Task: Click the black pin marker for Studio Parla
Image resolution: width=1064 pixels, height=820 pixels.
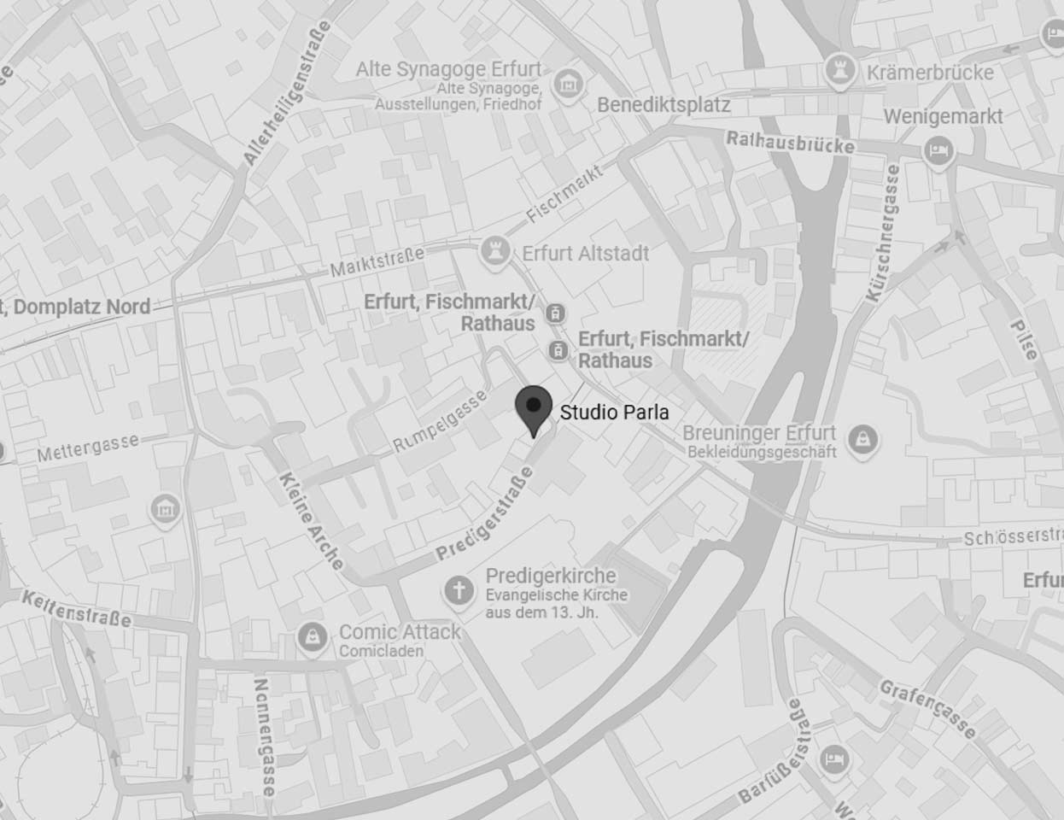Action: (x=534, y=410)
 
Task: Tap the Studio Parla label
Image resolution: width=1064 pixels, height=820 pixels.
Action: (x=614, y=413)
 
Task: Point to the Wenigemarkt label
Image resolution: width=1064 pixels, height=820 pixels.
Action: (x=943, y=116)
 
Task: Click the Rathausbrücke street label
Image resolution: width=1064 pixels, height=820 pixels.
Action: (x=790, y=142)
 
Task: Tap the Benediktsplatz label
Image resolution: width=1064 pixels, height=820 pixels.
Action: (x=664, y=105)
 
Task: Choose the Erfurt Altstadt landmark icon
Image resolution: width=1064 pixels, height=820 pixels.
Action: (x=494, y=251)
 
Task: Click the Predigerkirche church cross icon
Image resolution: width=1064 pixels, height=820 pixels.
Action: (x=459, y=589)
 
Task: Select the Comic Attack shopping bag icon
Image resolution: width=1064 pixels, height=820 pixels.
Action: (x=311, y=636)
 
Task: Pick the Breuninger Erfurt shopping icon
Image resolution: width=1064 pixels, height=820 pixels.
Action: (x=864, y=439)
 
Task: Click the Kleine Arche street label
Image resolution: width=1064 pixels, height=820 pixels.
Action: (x=310, y=520)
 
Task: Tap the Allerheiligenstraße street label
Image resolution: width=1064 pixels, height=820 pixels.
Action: (x=287, y=93)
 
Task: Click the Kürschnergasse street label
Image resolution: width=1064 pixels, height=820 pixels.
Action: (x=883, y=233)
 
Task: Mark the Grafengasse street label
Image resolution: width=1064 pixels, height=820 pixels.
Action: (x=927, y=708)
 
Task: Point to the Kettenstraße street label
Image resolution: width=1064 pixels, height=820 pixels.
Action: (x=77, y=608)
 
